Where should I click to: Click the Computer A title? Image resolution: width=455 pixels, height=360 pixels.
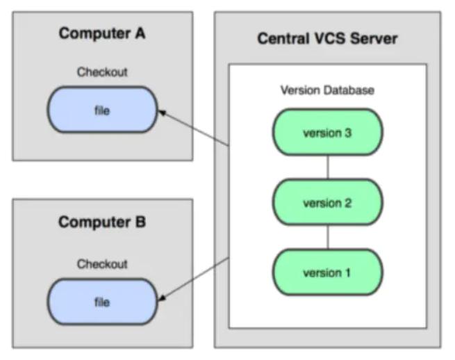102,33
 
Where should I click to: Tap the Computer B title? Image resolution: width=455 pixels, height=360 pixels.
102,222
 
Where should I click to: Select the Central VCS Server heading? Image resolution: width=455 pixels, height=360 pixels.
327,39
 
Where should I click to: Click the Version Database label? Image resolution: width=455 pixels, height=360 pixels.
327,90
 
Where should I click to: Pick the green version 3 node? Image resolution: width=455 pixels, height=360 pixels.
328,132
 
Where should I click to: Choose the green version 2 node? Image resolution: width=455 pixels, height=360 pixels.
328,202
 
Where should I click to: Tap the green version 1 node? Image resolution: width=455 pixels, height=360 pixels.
328,272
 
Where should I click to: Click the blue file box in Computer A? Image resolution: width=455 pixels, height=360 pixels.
102,109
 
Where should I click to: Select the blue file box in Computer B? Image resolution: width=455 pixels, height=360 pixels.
102,302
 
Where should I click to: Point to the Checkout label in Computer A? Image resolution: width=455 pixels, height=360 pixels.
102,72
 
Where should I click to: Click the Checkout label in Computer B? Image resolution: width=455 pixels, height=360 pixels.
102,264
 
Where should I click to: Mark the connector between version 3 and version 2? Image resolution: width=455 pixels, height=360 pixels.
328,167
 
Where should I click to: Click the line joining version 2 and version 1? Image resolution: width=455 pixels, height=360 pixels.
328,237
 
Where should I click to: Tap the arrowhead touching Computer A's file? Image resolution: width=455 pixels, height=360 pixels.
162,113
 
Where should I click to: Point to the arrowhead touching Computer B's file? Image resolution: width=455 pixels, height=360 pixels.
162,297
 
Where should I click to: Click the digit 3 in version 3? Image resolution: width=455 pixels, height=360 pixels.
348,133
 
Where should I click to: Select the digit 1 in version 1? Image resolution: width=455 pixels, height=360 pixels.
347,273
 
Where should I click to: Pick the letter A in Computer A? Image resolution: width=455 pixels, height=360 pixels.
140,33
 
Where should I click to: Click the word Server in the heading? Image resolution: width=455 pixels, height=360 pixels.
374,39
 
